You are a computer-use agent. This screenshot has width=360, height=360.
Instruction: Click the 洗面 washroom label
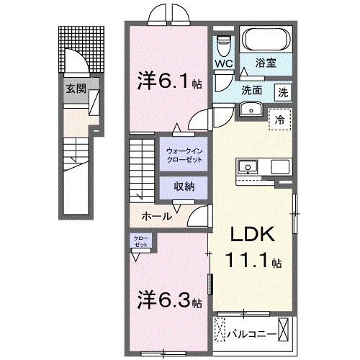251,91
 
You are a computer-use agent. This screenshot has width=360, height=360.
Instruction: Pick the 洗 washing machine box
283,91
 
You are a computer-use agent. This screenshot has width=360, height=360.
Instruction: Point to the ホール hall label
156,215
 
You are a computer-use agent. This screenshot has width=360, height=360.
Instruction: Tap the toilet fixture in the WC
222,47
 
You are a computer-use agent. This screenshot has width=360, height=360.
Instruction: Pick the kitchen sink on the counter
248,167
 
